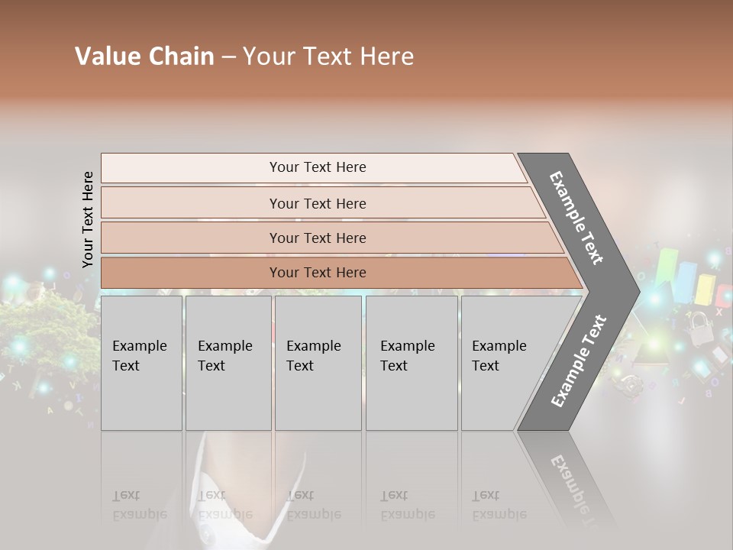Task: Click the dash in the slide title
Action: (228, 57)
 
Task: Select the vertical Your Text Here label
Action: (88, 219)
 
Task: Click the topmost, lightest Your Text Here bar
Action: (317, 167)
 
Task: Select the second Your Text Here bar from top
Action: (317, 203)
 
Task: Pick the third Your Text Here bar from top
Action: (317, 238)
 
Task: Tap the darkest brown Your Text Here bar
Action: (317, 273)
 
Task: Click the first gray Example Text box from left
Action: (141, 363)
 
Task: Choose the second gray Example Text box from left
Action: (228, 363)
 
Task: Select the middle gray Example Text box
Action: (318, 363)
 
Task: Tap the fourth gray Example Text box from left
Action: (412, 363)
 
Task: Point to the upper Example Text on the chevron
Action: (576, 218)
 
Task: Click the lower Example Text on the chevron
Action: (579, 361)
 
